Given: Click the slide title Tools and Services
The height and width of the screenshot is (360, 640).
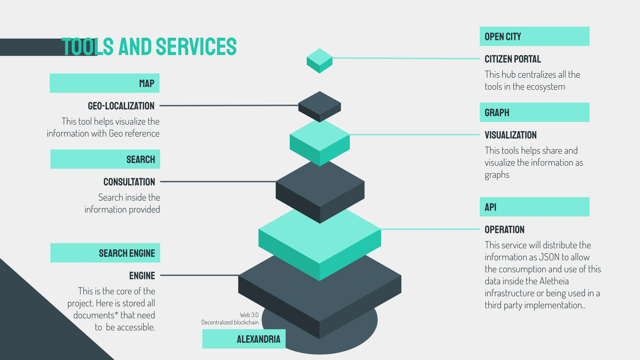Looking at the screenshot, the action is tap(149, 47).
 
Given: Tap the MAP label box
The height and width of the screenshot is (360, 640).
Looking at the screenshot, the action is tap(105, 83).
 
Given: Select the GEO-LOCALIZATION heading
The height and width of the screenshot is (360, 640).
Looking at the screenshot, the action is tap(121, 106).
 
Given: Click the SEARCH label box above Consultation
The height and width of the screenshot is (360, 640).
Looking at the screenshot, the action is tap(105, 159).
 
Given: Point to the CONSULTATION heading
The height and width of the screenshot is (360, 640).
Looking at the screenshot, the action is tap(129, 182).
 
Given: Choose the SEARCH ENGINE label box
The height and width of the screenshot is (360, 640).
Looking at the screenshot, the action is tap(105, 253).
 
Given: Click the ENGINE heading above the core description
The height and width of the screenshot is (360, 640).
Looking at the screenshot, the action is tap(142, 276).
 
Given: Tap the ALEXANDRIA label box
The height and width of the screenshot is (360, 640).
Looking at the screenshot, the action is tap(244, 339).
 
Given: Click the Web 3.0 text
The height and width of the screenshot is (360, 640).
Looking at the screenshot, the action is tap(249, 315).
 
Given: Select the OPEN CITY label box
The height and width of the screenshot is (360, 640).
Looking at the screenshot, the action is tap(534, 36).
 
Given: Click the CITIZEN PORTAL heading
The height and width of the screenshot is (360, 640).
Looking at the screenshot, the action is tap(513, 59).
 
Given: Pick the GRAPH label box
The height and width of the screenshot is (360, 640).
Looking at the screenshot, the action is tap(534, 112).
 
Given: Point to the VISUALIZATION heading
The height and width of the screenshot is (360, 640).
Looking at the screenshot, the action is tap(510, 135).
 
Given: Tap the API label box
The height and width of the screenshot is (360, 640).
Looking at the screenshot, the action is tap(534, 207).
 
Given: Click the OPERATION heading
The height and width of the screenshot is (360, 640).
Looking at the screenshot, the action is tap(504, 230).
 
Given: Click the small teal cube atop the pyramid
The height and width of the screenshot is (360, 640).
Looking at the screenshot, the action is tap(319, 60).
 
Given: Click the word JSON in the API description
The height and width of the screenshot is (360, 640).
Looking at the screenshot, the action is tap(549, 257).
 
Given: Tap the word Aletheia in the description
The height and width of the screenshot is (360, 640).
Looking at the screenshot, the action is tap(554, 281).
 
